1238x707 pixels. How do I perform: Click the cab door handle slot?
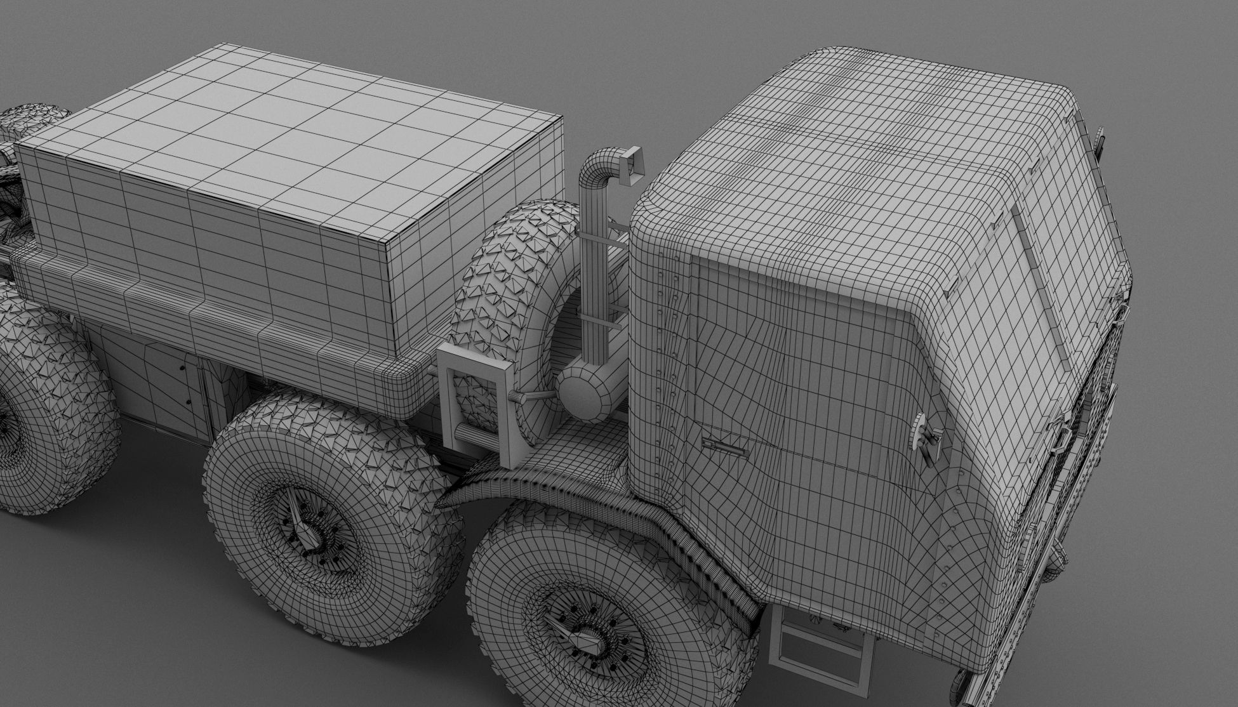pos(724,444)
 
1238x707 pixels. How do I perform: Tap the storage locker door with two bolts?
pos(171,381)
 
